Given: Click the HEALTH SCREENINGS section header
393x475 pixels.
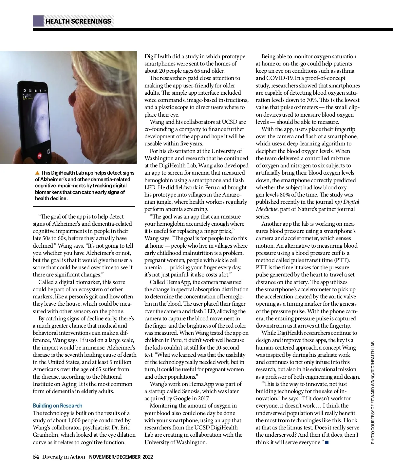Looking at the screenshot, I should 78,21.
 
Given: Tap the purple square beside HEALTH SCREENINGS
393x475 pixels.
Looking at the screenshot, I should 38,21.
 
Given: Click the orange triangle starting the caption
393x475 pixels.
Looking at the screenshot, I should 37,173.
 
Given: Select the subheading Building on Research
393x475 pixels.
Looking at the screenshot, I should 57,406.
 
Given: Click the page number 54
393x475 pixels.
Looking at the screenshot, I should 36,457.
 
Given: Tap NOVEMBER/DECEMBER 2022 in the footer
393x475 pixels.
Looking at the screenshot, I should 121,457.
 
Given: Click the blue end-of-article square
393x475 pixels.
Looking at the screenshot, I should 327,443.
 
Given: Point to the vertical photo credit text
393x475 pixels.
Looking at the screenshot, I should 373,393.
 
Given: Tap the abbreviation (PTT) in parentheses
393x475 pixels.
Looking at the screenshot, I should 342,260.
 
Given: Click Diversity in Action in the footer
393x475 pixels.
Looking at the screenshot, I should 64,457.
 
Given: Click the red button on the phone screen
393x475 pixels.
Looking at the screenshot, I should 40,156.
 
